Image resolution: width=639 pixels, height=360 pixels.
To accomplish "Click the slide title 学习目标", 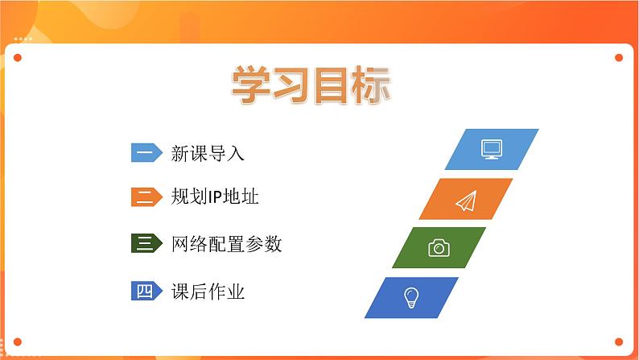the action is point(311,85).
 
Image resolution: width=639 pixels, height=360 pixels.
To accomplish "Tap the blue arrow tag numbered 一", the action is point(146,152).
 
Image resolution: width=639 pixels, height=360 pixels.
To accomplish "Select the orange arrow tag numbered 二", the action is point(146,197).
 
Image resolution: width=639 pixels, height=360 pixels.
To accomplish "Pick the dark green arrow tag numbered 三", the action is point(146,243).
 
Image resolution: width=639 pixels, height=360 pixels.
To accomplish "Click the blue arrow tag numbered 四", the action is point(146,291).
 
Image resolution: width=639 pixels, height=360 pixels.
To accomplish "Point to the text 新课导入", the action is point(208,154).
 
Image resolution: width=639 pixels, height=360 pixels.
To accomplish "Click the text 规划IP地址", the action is point(215,197).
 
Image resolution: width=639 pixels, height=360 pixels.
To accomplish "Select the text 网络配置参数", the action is point(227,244).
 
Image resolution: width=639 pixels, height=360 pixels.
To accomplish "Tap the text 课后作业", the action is point(208,292).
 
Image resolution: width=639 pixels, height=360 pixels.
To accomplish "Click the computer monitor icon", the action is point(492,149).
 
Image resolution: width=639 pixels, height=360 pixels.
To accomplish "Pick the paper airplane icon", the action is point(466,201).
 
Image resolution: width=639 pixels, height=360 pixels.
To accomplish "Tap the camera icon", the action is point(439,248).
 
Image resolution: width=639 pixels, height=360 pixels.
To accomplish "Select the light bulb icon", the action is point(410,298).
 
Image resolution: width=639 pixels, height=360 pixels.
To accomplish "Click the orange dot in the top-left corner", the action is point(18,57).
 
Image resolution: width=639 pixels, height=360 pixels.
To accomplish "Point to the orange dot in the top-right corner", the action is point(619,57).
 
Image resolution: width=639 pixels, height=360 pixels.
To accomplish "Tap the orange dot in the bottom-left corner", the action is point(18,341).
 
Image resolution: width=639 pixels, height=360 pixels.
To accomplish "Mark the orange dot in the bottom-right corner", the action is point(619,341).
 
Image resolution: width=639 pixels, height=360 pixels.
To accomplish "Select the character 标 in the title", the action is point(372,85).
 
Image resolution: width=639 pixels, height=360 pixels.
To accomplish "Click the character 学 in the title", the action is point(251,85).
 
